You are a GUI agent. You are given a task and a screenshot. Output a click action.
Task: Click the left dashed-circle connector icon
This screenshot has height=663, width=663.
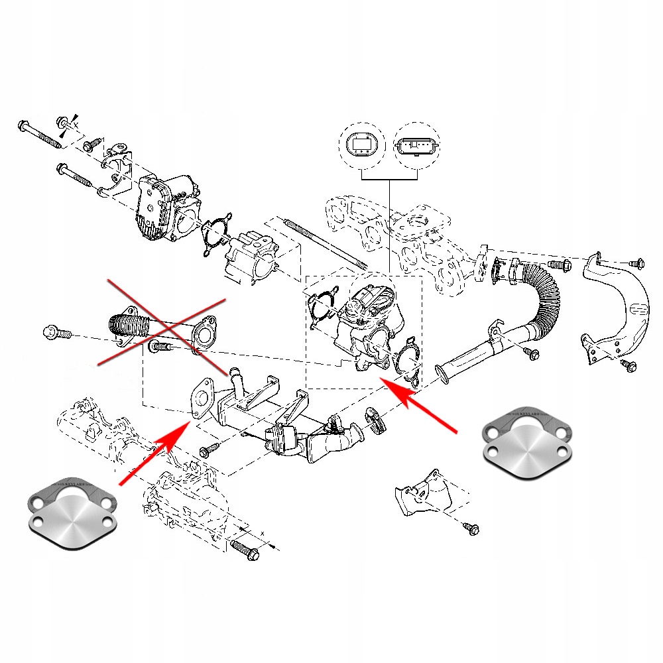coord(362,144)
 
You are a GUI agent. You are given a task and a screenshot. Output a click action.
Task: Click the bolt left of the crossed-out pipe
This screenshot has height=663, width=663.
coord(56,332)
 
